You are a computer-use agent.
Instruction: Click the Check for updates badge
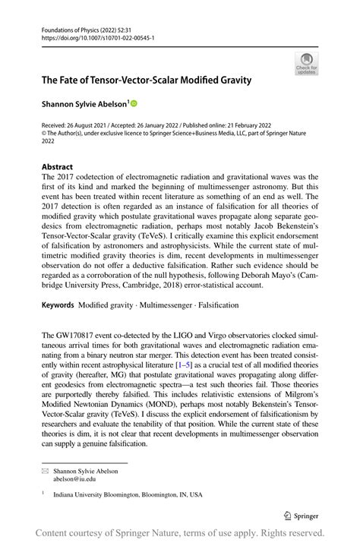pos(306,63)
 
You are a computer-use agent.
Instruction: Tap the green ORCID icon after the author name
pos(135,103)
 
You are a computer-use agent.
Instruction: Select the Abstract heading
pos(58,166)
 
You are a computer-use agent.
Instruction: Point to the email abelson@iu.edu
pos(74,480)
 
